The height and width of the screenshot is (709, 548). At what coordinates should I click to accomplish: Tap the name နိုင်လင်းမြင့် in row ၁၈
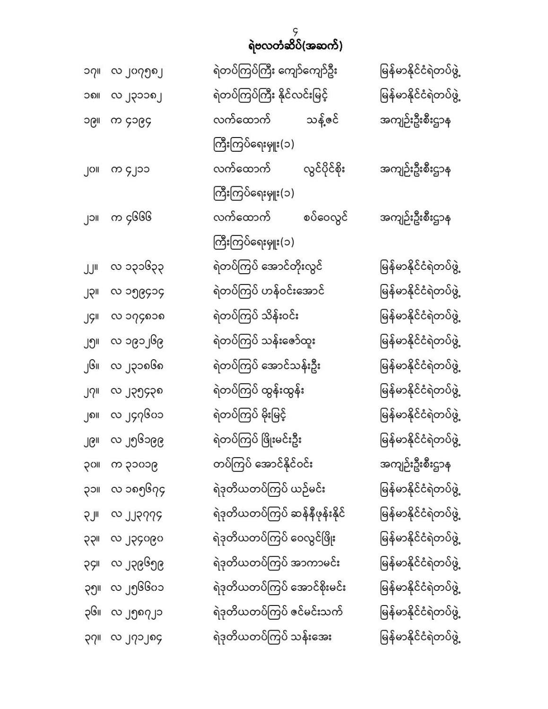(x=305, y=96)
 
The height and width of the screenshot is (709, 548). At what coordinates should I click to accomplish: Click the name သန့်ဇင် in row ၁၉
(x=322, y=121)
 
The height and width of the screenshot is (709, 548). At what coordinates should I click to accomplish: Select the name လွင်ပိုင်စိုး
(x=324, y=169)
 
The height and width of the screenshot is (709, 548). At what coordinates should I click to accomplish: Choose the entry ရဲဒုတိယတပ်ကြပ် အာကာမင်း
(x=277, y=563)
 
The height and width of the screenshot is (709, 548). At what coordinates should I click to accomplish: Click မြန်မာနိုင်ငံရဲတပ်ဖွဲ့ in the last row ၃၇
(x=420, y=638)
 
